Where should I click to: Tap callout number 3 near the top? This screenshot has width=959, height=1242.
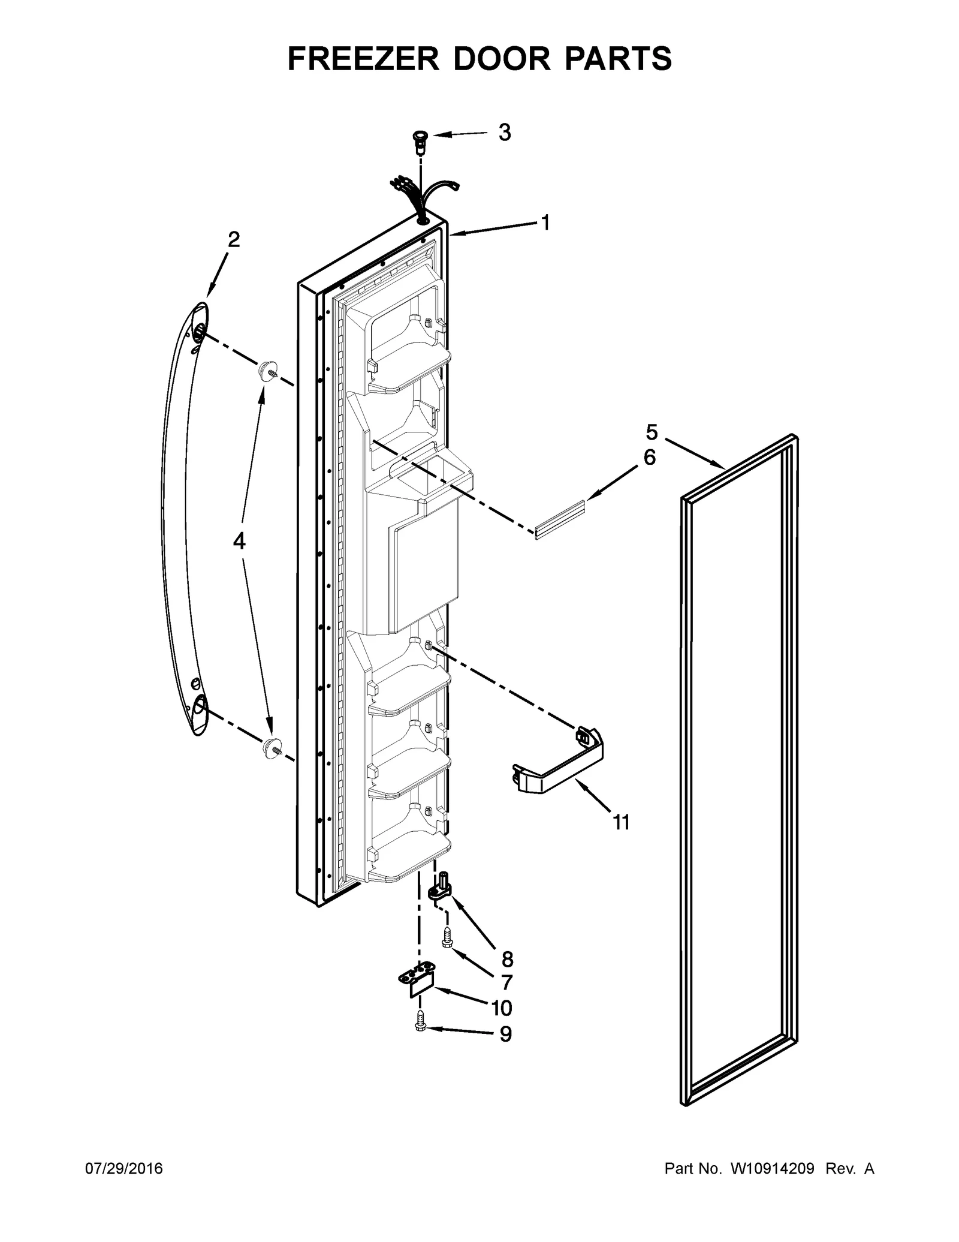pos(505,133)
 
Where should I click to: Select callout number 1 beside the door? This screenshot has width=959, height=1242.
pos(545,223)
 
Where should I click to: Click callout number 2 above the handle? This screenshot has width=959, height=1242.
pos(234,240)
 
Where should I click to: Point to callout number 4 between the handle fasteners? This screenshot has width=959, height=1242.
pos(239,542)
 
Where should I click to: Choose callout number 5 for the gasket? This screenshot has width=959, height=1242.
pos(652,432)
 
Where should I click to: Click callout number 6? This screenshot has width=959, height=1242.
pos(649,458)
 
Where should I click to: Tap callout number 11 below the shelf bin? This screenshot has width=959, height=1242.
pos(622,822)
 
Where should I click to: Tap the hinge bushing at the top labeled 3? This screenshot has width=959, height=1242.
pos(418,142)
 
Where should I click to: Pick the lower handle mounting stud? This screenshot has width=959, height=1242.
pos(271,747)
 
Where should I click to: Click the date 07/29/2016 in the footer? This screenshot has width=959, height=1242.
pos(124,1169)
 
